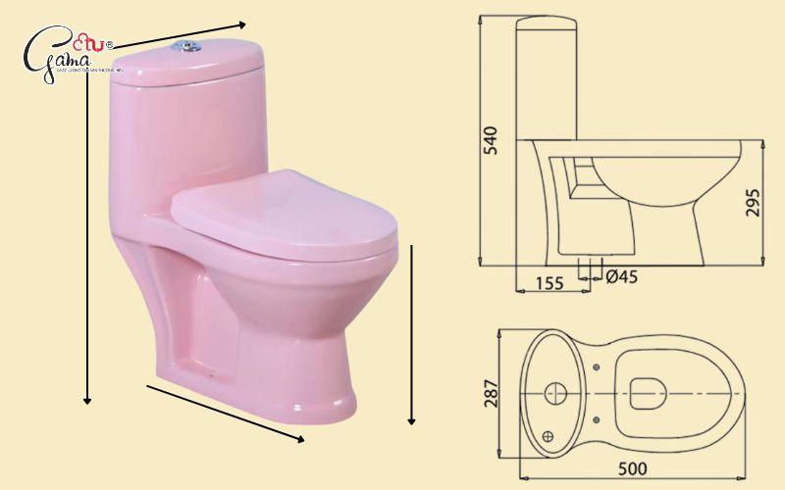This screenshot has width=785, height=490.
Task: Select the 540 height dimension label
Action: tap(491, 139)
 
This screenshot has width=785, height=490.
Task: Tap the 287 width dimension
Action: tap(491, 393)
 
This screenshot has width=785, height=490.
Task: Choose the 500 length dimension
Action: tap(631, 469)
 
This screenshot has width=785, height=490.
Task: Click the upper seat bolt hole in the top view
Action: tap(597, 367)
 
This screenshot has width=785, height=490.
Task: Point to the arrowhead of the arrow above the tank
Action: tap(241, 23)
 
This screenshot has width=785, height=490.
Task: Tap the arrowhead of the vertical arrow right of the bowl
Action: tap(412, 420)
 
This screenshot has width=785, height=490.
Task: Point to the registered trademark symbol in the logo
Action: tap(108, 44)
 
